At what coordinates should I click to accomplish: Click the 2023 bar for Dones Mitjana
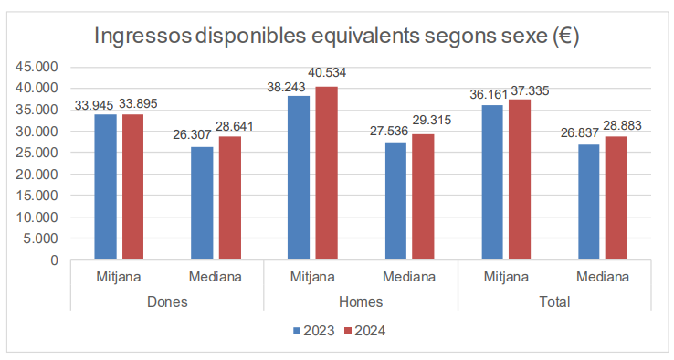click(x=106, y=187)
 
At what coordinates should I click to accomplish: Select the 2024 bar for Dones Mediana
click(x=229, y=198)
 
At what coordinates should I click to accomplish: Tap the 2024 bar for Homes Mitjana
click(x=326, y=174)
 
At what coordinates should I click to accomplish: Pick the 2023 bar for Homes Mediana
click(x=395, y=201)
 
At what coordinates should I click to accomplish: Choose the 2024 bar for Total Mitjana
click(x=520, y=180)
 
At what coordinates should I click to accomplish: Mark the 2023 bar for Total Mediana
click(x=589, y=202)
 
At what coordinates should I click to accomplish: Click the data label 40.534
click(x=327, y=72)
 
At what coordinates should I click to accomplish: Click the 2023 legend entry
click(x=313, y=331)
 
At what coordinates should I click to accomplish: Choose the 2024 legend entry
click(x=363, y=331)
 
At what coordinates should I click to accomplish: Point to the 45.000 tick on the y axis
click(x=37, y=67)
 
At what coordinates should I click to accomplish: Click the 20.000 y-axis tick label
click(x=37, y=175)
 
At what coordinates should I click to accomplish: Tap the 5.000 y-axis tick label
click(x=41, y=238)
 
